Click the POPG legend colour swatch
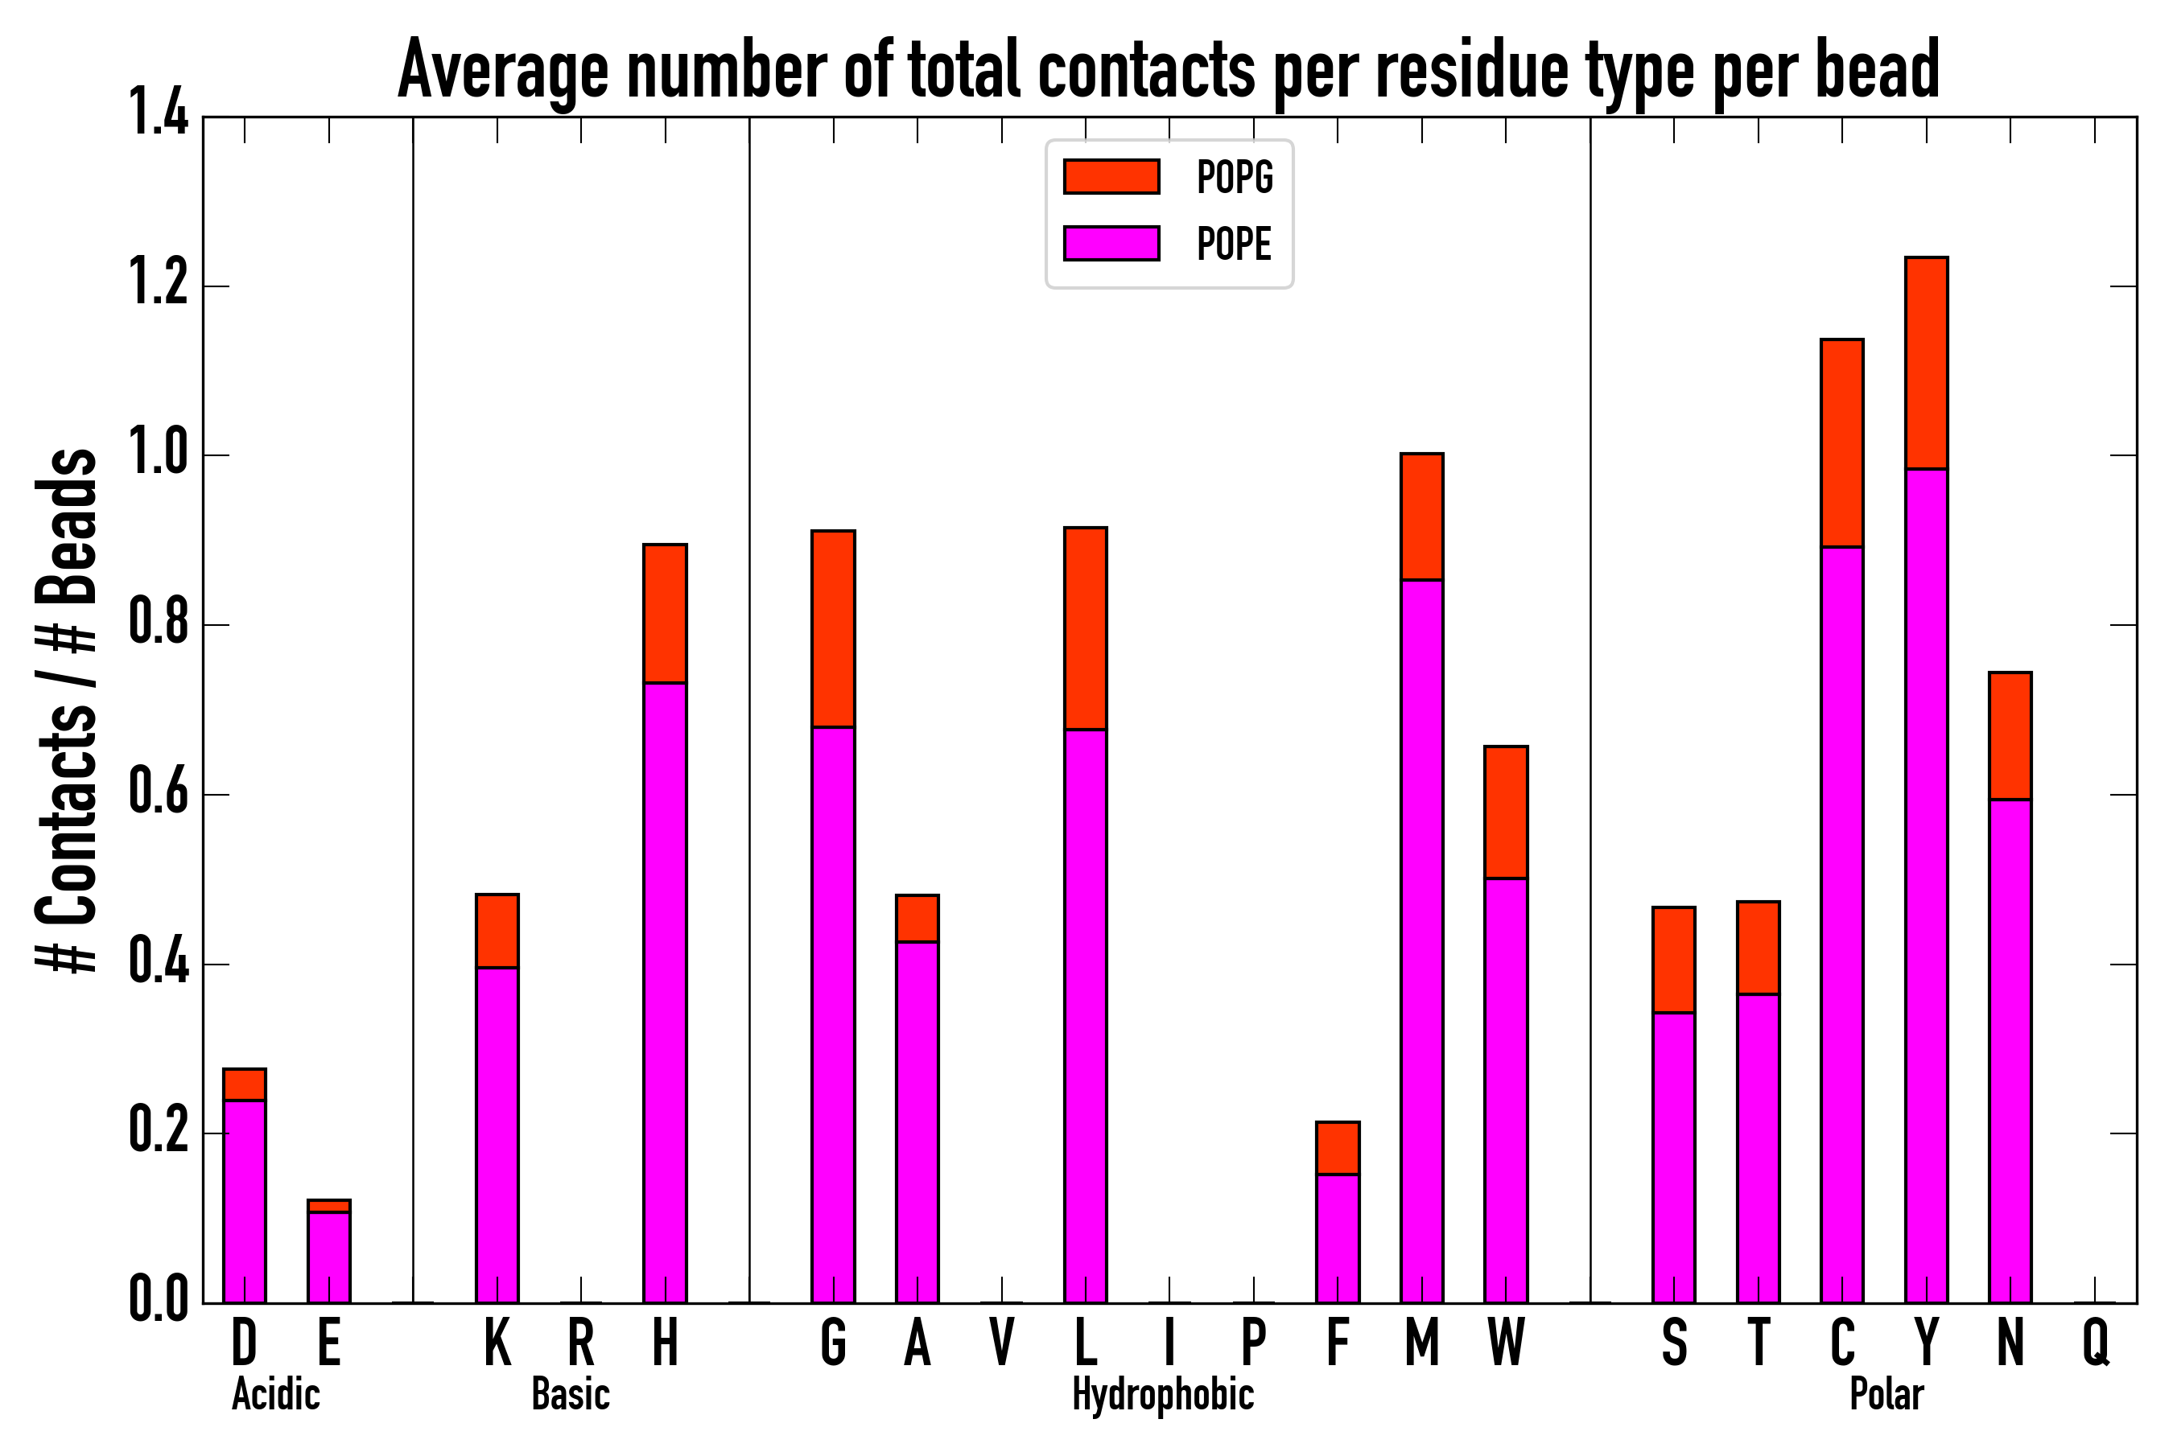1111,176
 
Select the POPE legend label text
1234,244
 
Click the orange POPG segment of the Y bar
1925,363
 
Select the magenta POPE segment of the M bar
1421,940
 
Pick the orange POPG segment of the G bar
832,629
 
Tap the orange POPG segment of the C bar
1841,443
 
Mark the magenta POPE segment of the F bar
1337,1237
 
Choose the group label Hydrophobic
1162,1394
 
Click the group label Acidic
275,1394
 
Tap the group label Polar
1886,1394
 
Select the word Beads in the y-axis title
67,526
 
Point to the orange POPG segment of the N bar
2010,736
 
